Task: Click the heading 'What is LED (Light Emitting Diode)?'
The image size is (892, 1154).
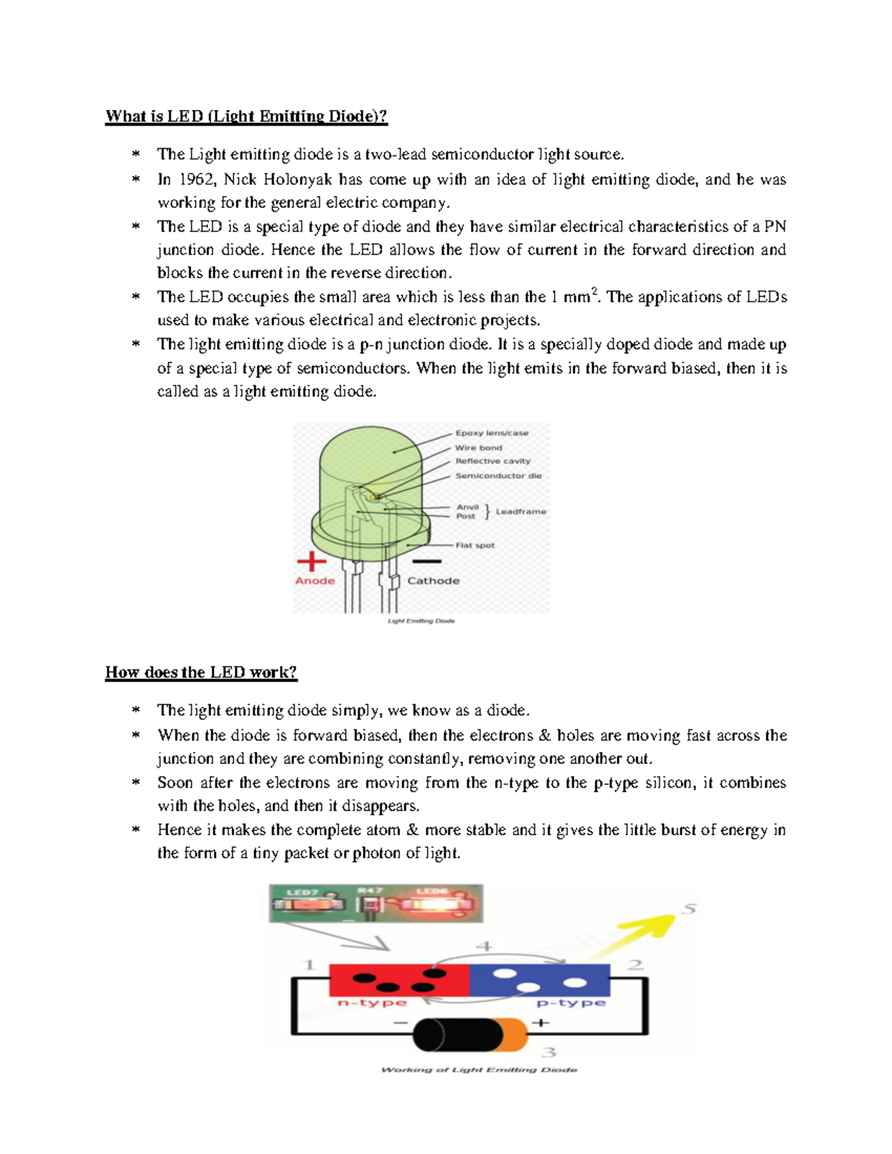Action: pos(246,116)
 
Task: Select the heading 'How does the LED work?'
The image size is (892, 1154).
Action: pos(201,672)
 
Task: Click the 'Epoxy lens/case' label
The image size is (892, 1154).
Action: pos(491,432)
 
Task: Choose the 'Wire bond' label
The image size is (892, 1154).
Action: pos(478,447)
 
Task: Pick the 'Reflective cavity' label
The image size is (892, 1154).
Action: pos(492,461)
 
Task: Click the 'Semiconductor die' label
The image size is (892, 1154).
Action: pos(498,476)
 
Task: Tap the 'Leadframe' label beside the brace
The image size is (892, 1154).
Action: pos(520,511)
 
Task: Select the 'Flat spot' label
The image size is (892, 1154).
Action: pos(474,545)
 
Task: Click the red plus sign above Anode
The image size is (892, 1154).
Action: pos(311,562)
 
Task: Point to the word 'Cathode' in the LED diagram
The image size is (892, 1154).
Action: pos(433,580)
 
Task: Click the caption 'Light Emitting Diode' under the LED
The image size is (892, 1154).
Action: pos(421,620)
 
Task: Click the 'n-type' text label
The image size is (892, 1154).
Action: pos(372,1003)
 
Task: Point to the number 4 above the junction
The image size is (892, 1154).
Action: pos(483,946)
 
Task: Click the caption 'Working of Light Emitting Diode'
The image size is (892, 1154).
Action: pos(478,1069)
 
